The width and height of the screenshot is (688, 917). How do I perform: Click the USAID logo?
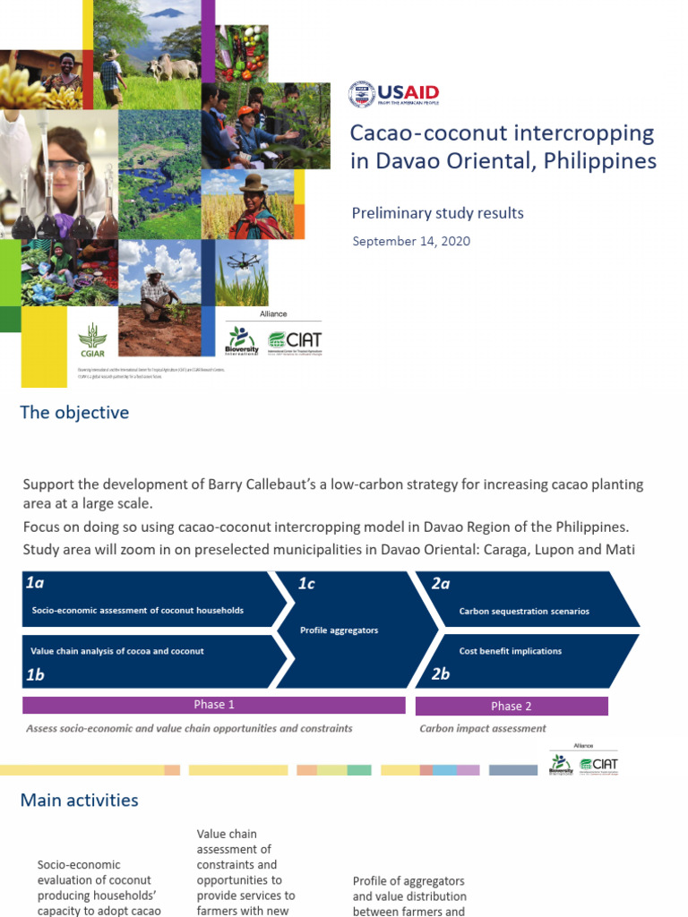tap(393, 94)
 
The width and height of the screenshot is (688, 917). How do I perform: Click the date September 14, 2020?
tap(411, 241)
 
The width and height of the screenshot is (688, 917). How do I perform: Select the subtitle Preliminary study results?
tap(438, 213)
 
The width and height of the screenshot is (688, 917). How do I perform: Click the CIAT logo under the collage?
tap(295, 341)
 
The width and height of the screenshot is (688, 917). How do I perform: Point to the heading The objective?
tap(75, 413)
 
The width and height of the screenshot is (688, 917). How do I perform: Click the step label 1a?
tap(35, 583)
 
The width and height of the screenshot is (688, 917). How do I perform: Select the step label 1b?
tap(35, 674)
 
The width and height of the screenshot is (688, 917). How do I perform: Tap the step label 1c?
tap(306, 584)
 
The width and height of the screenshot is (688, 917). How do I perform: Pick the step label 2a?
tap(441, 584)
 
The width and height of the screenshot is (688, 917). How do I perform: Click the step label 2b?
tap(440, 674)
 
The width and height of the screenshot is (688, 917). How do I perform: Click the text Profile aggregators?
tap(339, 630)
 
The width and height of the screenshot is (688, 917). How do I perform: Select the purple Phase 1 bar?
tap(214, 705)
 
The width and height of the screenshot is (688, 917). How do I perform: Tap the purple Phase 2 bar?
tap(512, 706)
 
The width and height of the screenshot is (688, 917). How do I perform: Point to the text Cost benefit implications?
tap(510, 651)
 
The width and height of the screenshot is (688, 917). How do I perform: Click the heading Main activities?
tap(80, 800)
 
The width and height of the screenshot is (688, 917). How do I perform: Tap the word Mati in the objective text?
tap(621, 549)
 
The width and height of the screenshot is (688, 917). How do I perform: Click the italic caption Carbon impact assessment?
tap(483, 729)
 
